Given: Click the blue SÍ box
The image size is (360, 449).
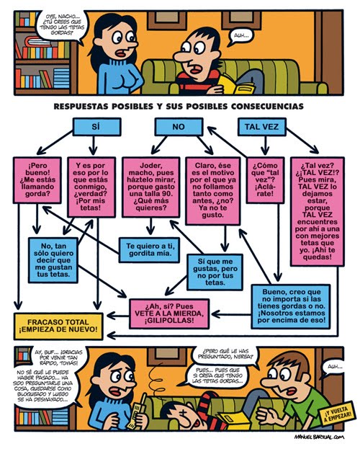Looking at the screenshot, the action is pyautogui.click(x=97, y=127).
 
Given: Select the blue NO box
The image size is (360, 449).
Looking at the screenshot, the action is pyautogui.click(x=179, y=127).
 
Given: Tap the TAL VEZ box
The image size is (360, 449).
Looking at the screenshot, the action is pyautogui.click(x=262, y=127).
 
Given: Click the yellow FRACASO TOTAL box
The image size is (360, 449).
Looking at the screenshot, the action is pyautogui.click(x=58, y=326).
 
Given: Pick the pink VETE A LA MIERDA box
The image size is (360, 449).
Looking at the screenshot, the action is pyautogui.click(x=169, y=314).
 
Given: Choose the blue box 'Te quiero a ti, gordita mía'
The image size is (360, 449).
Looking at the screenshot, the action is pyautogui.click(x=149, y=249).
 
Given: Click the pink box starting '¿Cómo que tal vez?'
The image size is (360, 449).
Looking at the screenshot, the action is pyautogui.click(x=265, y=180).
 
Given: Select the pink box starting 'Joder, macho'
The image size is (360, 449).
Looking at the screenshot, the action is pyautogui.click(x=151, y=187).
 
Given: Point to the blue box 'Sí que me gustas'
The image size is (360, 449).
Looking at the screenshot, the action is pyautogui.click(x=215, y=272).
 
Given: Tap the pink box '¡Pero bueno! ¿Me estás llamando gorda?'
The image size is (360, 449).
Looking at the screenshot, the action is pyautogui.click(x=37, y=180).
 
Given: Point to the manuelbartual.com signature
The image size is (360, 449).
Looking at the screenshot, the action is pyautogui.click(x=319, y=437).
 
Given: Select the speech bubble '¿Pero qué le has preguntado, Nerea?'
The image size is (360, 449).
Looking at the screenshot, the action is pyautogui.click(x=225, y=354).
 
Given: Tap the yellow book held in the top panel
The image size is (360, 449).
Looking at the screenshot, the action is pyautogui.click(x=237, y=84).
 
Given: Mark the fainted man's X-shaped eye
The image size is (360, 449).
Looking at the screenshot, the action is pyautogui.click(x=181, y=414).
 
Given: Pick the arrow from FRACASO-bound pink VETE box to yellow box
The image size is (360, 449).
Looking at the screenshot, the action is pyautogui.click(x=118, y=316).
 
